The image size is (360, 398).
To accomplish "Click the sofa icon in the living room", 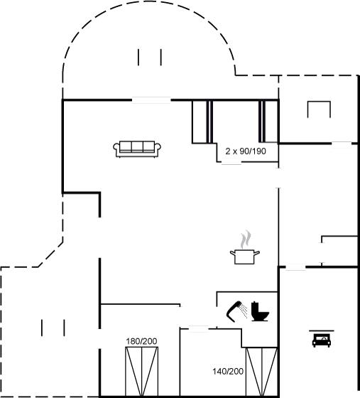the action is pyautogui.click(x=137, y=149).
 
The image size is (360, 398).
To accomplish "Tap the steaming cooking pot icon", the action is pyautogui.click(x=245, y=247).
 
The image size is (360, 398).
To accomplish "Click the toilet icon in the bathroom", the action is pyautogui.click(x=260, y=311).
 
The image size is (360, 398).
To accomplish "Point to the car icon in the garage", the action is pyautogui.click(x=322, y=340).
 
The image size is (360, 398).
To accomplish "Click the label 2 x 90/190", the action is pyautogui.click(x=246, y=151).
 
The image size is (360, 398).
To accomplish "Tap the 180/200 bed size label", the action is pyautogui.click(x=141, y=341).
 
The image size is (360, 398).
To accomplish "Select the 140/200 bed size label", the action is pyautogui.click(x=228, y=371).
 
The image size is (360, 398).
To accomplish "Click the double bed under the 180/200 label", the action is pyautogui.click(x=142, y=371).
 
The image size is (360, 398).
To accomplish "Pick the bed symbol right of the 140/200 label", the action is pyautogui.click(x=261, y=372).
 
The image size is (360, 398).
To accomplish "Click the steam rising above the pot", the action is pyautogui.click(x=246, y=240).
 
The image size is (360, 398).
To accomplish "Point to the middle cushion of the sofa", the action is pyautogui.click(x=137, y=146).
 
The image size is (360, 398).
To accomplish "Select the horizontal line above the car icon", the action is pyautogui.click(x=322, y=330).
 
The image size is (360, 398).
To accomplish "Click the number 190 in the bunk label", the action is pyautogui.click(x=259, y=151).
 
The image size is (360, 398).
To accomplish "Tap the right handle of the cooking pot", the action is pyautogui.click(x=257, y=252).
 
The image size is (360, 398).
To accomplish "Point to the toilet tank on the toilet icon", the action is pyautogui.click(x=254, y=308).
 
